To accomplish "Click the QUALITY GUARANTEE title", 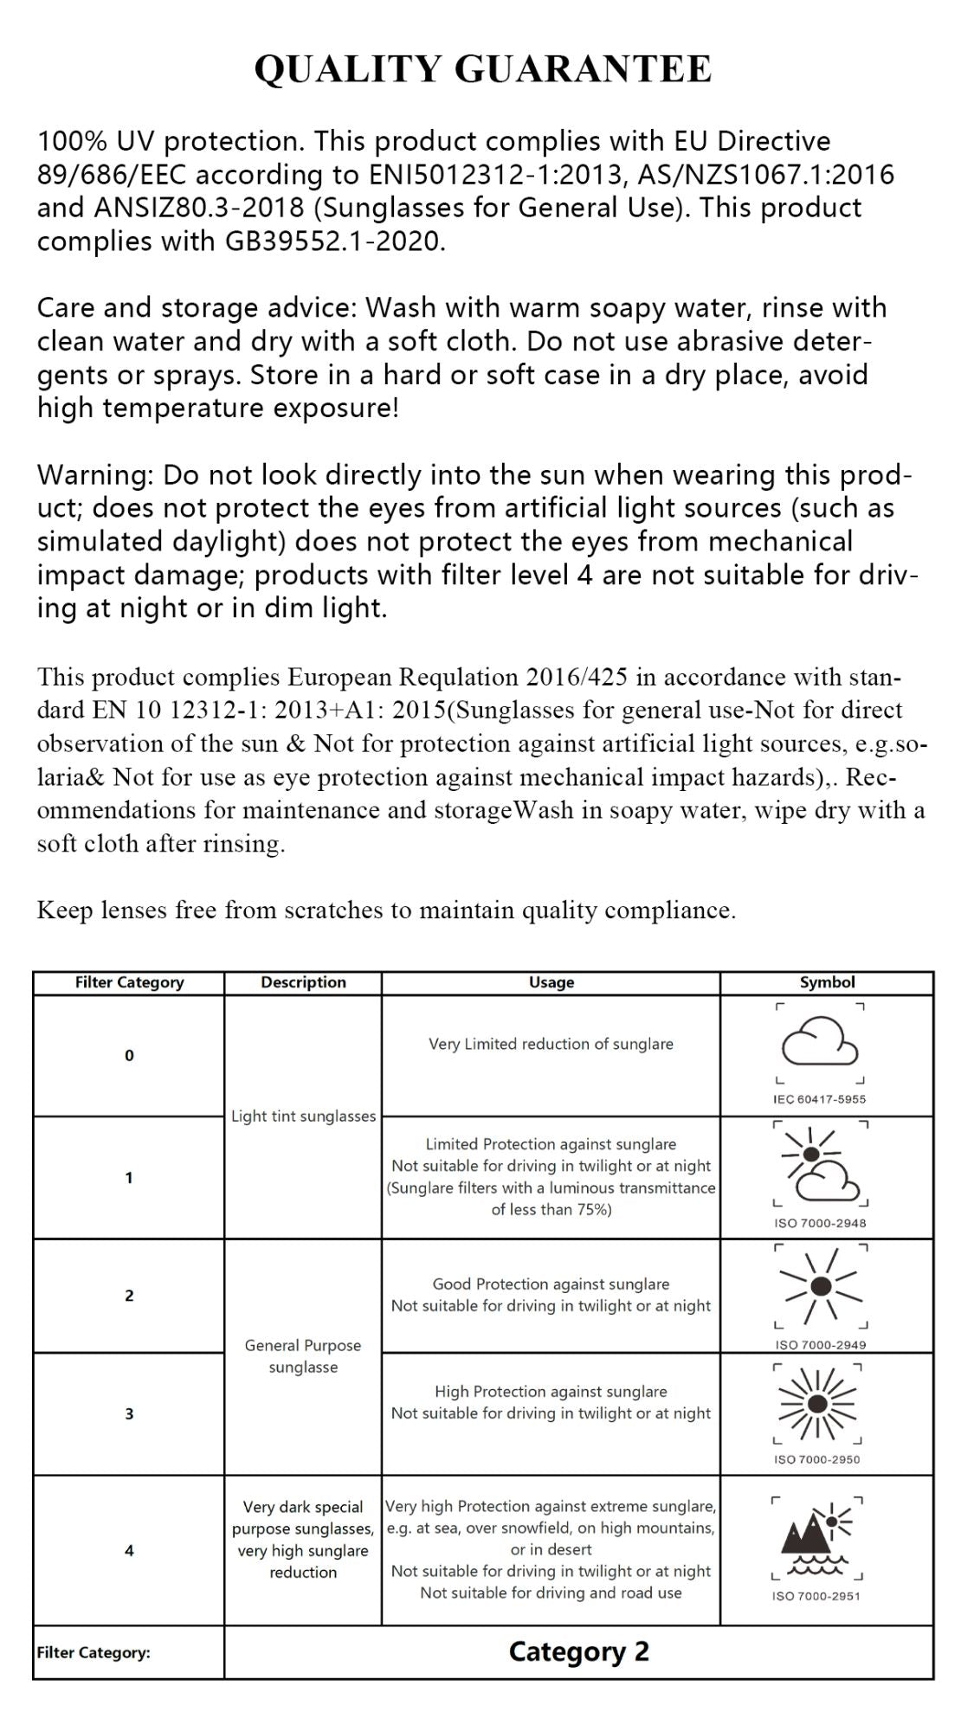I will tap(482, 69).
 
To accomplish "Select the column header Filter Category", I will tap(129, 982).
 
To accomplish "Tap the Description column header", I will tap(303, 982).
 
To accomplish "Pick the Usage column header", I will tap(551, 982).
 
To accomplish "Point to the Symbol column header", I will tap(827, 982).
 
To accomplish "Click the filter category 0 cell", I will tap(129, 1056).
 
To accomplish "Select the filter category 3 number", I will tap(129, 1414).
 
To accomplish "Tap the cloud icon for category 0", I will tap(819, 1042).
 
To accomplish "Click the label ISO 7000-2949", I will tap(820, 1345).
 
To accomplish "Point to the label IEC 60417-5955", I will tap(819, 1099).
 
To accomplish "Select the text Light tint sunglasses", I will tap(303, 1116).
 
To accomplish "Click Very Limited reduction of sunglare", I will tap(551, 1045).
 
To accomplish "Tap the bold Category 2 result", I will tap(578, 1652).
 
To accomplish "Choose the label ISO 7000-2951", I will tap(816, 1596).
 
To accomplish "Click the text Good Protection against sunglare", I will tap(551, 1284).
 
